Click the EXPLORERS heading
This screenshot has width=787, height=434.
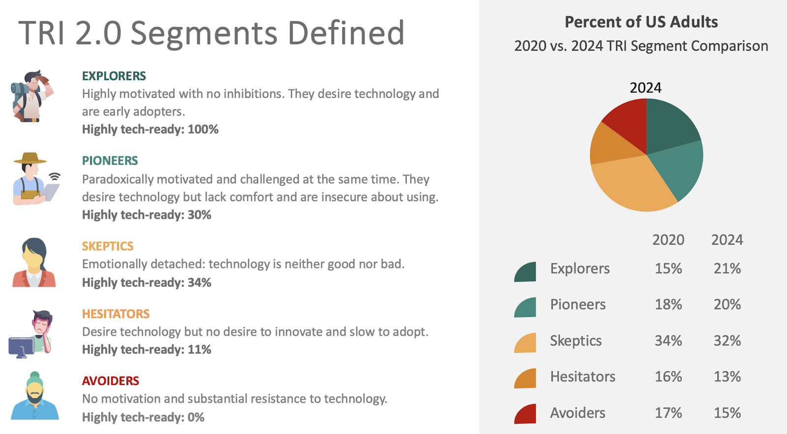pos(114,76)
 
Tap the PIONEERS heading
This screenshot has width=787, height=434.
pos(110,161)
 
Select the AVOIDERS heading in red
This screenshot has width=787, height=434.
pos(110,381)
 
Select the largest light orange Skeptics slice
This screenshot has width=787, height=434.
pos(635,184)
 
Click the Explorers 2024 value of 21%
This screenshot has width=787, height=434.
pos(727,268)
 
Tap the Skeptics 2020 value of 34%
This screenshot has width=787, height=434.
pos(668,341)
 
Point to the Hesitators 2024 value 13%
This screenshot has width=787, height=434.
pos(727,376)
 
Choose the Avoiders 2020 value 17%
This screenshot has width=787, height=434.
pos(668,413)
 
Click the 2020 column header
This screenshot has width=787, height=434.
pos(668,240)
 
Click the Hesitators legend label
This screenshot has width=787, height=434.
pos(582,376)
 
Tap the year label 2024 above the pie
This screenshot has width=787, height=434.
pos(645,88)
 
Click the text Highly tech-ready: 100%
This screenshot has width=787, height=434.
pos(150,129)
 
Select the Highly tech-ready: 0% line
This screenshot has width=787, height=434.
pos(143,417)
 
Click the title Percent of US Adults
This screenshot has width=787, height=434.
pos(641,22)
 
